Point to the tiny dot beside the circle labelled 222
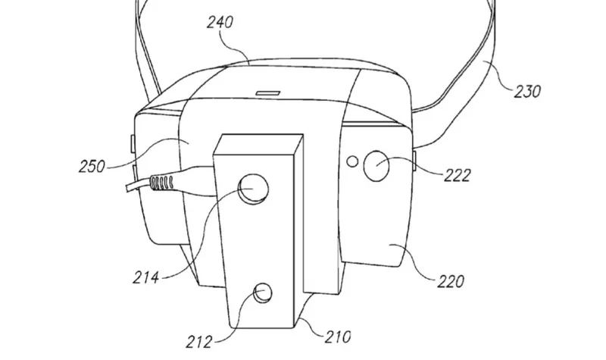click(352, 161)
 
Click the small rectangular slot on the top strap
click(267, 93)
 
